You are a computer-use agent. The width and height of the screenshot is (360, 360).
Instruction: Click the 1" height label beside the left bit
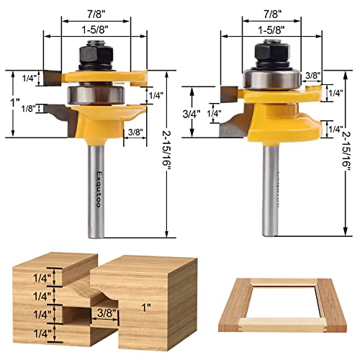[x=17, y=103]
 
